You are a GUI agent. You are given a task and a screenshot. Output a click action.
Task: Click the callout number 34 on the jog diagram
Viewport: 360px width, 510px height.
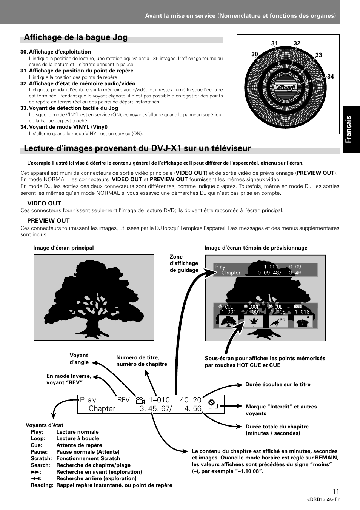tap(331, 76)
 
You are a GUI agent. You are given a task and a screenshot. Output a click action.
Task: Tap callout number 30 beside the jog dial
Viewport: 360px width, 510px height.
tap(254, 54)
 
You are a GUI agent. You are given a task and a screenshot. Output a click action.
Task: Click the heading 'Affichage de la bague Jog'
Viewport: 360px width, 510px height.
tap(75, 37)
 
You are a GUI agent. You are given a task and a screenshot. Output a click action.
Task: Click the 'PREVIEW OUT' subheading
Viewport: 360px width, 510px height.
tap(48, 220)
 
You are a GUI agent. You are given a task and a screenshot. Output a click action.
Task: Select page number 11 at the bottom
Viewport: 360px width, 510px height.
tap(336, 491)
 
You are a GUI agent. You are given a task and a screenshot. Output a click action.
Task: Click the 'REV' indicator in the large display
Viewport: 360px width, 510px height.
tap(123, 400)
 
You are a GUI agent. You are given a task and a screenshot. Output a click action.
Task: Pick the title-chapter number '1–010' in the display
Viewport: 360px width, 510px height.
tap(159, 400)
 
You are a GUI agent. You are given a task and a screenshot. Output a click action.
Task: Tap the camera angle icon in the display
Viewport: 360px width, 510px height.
tap(140, 400)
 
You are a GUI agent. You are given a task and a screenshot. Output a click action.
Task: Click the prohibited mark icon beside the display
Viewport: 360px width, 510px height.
tap(213, 404)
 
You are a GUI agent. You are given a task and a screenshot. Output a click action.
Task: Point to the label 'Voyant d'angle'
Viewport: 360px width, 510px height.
tap(79, 359)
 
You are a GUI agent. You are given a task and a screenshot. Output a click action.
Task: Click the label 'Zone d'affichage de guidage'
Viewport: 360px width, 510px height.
tap(184, 263)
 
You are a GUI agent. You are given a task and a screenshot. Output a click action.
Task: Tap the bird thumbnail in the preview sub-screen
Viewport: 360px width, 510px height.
tap(278, 321)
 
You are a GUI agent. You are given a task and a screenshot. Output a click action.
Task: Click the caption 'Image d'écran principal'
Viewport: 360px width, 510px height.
tap(63, 248)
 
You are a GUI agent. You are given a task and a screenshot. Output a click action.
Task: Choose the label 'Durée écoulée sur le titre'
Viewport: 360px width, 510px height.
tap(278, 384)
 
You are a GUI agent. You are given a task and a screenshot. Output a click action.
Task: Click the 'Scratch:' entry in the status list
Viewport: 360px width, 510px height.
tap(41, 458)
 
